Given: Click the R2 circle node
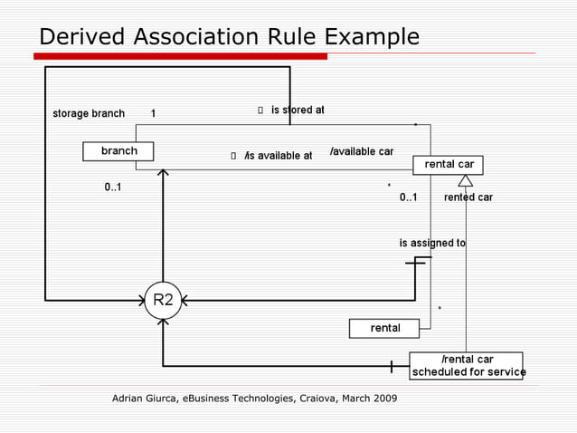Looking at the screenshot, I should click(163, 300).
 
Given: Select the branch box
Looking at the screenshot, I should click(118, 151).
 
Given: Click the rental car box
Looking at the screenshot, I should click(449, 165).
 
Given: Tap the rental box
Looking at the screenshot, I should click(385, 328).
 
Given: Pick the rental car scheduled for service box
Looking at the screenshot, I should click(467, 366).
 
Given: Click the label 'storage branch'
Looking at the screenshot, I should click(89, 114).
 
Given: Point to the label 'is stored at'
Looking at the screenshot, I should click(298, 111).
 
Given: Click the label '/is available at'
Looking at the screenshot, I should click(278, 156).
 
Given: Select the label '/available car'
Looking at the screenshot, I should click(362, 151).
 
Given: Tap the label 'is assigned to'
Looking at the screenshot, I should click(432, 244).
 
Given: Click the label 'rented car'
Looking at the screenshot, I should click(468, 197).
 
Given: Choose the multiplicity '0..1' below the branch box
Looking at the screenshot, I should click(113, 188).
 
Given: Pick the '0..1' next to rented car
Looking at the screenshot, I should click(409, 197).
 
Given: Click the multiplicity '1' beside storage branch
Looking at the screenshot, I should click(153, 114).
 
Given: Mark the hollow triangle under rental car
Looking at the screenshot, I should click(466, 180).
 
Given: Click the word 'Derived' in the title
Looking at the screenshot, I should click(81, 37).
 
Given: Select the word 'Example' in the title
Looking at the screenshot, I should click(372, 37).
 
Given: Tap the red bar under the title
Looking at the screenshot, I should click(181, 56).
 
